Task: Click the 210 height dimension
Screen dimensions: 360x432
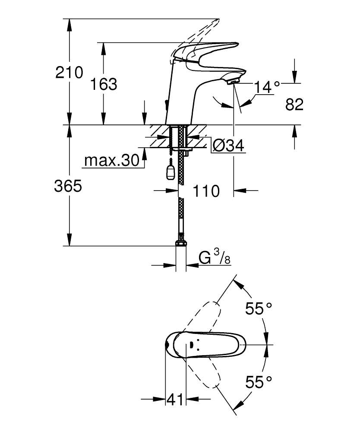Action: click(69, 73)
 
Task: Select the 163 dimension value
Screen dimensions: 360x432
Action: click(104, 84)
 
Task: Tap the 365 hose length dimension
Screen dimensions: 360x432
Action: click(68, 186)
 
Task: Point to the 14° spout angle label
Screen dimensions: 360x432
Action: click(267, 87)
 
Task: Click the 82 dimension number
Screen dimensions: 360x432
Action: click(294, 105)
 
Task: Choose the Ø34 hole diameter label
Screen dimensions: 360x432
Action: click(228, 145)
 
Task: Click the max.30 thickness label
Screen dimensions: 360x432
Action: click(112, 160)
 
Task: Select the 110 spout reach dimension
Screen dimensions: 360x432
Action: click(206, 191)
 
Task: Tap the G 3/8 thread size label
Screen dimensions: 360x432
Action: click(215, 257)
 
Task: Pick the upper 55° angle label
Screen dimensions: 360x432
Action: click(259, 308)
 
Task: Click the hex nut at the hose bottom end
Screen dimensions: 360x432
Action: click(180, 241)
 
